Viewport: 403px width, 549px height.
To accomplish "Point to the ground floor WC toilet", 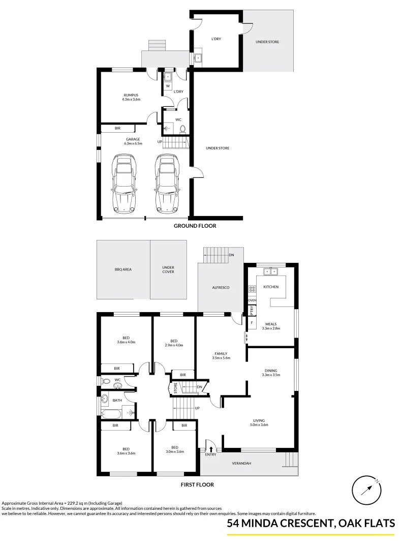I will pyautogui.click(x=182, y=129).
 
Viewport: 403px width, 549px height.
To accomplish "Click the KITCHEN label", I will pyautogui.click(x=271, y=287).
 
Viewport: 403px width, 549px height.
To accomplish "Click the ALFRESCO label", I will pyautogui.click(x=221, y=288).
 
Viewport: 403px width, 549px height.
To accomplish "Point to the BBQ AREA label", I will pyautogui.click(x=123, y=270).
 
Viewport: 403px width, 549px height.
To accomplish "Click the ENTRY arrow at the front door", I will pyautogui.click(x=211, y=448).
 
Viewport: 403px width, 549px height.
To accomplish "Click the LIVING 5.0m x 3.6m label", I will pyautogui.click(x=260, y=423).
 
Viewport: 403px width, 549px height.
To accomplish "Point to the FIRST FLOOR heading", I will pyautogui.click(x=197, y=485).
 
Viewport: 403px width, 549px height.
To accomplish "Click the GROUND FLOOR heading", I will pyautogui.click(x=195, y=226).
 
